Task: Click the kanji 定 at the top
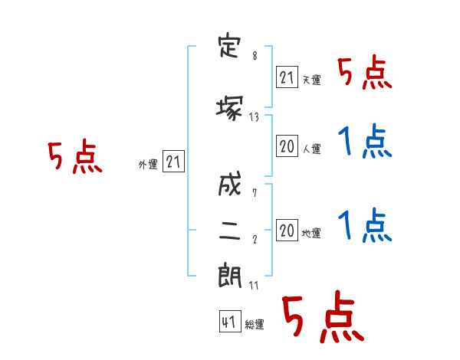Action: coord(229,47)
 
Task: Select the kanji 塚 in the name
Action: coord(229,109)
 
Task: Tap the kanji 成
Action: coord(230,184)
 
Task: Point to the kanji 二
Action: coord(230,231)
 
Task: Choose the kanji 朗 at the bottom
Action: coord(230,276)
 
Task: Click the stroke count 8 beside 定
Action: coord(255,56)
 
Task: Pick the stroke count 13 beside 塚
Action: coord(254,117)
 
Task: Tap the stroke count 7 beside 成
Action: coord(255,193)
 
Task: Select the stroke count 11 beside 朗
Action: coord(254,285)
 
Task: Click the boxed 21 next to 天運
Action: coord(287,77)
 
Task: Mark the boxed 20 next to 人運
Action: coord(287,146)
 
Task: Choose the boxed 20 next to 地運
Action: coord(287,230)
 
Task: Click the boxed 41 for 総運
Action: coord(230,322)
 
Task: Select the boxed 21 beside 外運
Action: coord(173,162)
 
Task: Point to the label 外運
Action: coord(148,165)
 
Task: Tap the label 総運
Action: coord(255,325)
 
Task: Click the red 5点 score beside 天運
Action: coord(364,74)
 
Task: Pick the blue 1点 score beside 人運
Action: coord(365,141)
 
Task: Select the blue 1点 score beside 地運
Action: coord(365,225)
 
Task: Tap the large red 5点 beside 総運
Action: coord(323,316)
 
